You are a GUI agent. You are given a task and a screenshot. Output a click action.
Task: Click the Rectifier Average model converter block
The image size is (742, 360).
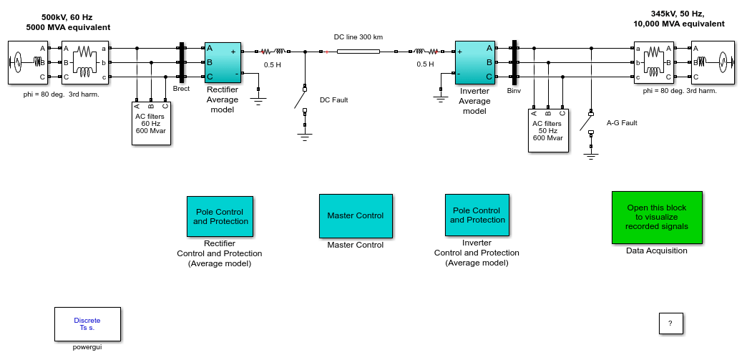(223, 62)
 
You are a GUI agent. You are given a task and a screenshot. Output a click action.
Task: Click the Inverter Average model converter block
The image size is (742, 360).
(474, 62)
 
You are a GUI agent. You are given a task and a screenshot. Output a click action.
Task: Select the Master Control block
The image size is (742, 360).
(356, 215)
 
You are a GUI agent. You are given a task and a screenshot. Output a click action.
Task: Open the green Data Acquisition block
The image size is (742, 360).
(657, 218)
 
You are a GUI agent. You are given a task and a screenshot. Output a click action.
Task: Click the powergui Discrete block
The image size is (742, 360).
(87, 324)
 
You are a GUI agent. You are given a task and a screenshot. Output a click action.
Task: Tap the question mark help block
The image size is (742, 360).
(670, 323)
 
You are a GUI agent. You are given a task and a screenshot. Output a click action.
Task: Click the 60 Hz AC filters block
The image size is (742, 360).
(151, 123)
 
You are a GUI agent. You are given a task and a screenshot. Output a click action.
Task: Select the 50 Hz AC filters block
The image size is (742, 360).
(548, 130)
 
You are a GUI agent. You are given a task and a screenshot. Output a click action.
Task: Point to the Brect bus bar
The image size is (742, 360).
(181, 63)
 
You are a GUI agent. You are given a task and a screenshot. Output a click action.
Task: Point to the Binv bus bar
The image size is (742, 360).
(514, 63)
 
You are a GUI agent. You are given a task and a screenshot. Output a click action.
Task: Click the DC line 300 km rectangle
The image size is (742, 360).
(358, 51)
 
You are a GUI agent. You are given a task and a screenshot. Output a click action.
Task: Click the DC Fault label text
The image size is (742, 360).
(333, 99)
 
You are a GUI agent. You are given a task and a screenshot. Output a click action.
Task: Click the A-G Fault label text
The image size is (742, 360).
(622, 123)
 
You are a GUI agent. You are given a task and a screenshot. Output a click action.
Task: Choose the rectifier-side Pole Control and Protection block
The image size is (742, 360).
(220, 216)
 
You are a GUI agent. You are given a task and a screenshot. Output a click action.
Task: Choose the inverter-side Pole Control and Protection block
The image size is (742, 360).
(477, 215)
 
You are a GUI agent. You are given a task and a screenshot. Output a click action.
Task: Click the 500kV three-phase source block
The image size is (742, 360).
(29, 62)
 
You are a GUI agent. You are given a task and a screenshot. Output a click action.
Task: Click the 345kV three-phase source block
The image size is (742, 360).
(713, 62)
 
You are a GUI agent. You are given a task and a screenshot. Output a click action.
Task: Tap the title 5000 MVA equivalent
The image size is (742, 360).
(68, 27)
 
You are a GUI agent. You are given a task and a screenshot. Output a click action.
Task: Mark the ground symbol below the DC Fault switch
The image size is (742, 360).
(305, 137)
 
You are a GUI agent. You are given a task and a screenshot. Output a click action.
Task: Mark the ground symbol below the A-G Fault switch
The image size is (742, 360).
(590, 156)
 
